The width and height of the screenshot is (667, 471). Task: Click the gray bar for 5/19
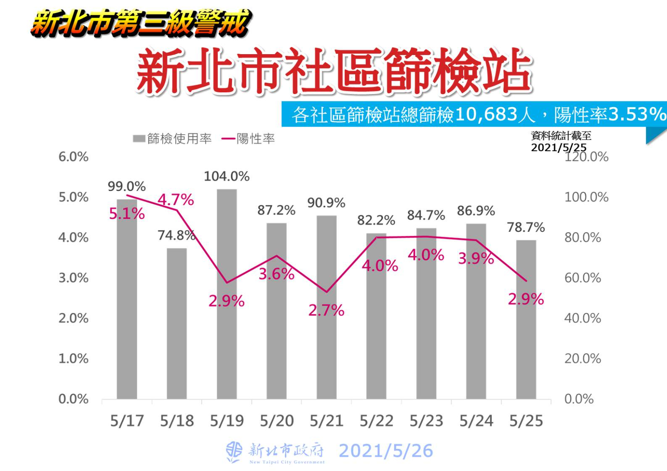pos(227,295)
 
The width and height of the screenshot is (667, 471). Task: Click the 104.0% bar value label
pos(227,176)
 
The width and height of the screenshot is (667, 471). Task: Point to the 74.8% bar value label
pos(177,235)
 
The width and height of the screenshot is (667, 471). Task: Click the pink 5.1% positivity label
pos(127,214)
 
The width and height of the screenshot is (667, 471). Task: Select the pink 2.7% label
pos(326,310)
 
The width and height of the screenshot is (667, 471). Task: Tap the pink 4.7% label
pos(176,200)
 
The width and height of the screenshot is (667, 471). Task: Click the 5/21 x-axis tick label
pos(327,421)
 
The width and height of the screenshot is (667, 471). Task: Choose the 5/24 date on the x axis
pos(476,421)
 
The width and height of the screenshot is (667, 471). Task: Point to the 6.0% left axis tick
pos(73,156)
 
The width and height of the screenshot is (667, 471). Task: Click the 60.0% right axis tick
pos(582,278)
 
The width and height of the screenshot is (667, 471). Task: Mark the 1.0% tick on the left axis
pos(73,358)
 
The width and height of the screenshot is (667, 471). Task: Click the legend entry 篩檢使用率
pos(173,139)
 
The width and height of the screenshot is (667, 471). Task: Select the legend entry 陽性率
pos(249,139)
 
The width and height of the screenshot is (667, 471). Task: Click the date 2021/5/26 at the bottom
pos(386,451)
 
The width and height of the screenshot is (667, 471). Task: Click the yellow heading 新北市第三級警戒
pos(141,23)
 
